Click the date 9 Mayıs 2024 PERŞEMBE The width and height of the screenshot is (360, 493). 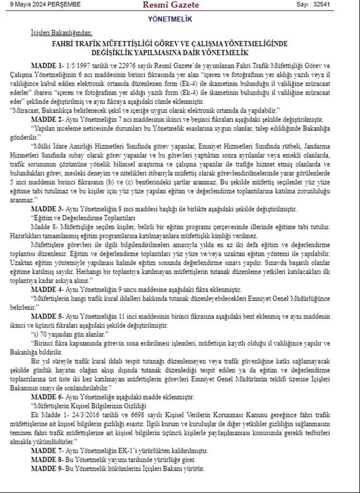coord(41,4)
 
